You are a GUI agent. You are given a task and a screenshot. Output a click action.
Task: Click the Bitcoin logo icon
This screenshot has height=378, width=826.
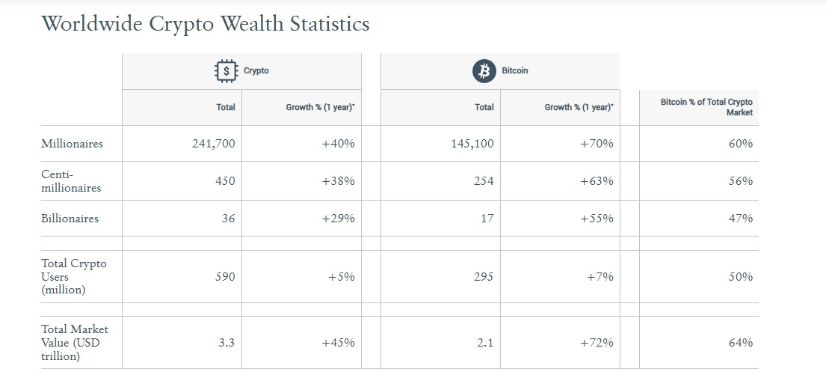(484, 71)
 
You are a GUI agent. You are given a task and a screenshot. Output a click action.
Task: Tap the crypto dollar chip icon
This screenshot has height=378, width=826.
(226, 71)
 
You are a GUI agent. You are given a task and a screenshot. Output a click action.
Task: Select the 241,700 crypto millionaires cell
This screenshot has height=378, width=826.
(214, 144)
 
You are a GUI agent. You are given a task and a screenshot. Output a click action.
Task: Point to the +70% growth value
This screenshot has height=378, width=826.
(597, 144)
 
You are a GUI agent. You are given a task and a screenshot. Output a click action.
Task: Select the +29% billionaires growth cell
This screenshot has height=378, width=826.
(338, 219)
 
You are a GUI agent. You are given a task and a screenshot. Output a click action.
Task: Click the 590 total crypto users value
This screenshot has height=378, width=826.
(224, 277)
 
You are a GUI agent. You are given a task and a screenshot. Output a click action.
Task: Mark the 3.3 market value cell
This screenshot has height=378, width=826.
(226, 343)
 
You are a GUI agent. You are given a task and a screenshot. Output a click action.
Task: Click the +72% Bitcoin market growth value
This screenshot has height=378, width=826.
(597, 343)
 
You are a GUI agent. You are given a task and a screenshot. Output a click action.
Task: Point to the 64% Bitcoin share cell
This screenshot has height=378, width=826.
(741, 343)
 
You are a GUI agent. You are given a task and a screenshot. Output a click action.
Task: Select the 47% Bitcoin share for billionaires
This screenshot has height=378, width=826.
(741, 219)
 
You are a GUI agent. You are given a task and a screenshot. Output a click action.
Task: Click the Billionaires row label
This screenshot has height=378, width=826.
(70, 219)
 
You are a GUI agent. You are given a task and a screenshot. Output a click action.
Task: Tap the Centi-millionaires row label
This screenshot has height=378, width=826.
(71, 181)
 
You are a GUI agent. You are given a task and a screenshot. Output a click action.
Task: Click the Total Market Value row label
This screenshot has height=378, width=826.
(75, 343)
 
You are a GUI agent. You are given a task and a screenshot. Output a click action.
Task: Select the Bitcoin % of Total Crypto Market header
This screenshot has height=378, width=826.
(706, 107)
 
